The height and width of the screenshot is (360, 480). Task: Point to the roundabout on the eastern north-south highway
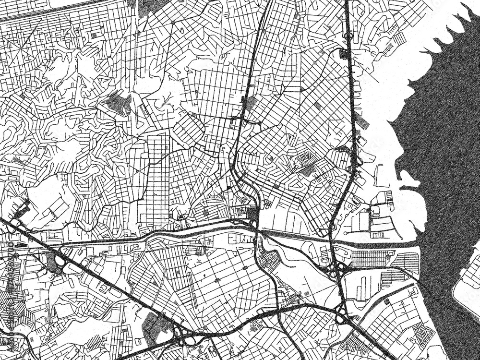point(349,35)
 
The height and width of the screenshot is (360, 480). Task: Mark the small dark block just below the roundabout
point(344,53)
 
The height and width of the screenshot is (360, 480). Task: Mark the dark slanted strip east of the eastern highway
point(362,120)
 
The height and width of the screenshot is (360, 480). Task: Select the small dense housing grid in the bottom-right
point(422,331)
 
